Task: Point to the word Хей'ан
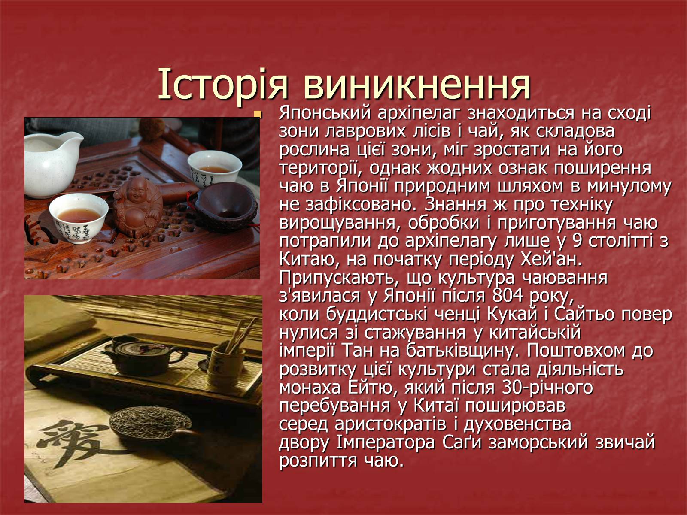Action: [x=551, y=259]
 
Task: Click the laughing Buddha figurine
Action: [x=138, y=207]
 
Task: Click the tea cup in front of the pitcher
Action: [x=79, y=218]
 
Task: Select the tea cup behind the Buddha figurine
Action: [x=214, y=167]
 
